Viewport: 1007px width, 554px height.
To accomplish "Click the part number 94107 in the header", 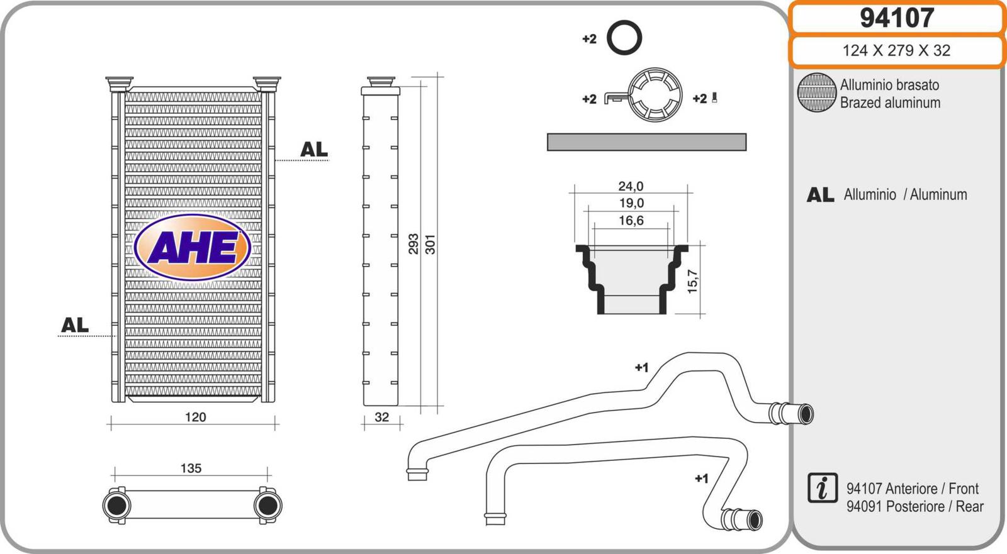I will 896,18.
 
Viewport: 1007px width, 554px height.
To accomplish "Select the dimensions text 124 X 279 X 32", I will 896,50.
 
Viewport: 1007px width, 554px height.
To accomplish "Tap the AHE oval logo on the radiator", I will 193,247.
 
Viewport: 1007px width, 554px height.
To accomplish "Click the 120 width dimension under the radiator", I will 195,417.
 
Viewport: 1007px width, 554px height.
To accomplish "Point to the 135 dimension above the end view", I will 191,468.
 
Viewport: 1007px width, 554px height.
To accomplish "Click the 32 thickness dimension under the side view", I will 381,417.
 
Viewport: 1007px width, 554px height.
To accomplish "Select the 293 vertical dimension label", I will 413,244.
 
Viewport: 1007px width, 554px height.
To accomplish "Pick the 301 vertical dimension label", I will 430,244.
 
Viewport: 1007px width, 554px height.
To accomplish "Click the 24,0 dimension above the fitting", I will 631,186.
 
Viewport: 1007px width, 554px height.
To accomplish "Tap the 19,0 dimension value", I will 631,203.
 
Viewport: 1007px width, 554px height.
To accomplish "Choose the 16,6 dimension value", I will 631,221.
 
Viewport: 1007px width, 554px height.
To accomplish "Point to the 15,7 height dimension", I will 692,282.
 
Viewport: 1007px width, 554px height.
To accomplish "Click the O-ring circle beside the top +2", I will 624,37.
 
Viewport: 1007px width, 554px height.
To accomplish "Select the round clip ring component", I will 655,95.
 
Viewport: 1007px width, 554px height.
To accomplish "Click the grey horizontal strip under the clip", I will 646,142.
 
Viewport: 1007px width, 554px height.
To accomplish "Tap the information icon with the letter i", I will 822,489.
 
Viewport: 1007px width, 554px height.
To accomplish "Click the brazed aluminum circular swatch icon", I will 816,93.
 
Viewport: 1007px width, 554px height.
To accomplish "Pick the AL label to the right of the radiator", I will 313,150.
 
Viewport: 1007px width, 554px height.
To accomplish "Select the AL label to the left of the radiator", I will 75,325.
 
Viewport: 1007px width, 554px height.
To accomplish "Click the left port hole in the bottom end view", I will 117,505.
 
